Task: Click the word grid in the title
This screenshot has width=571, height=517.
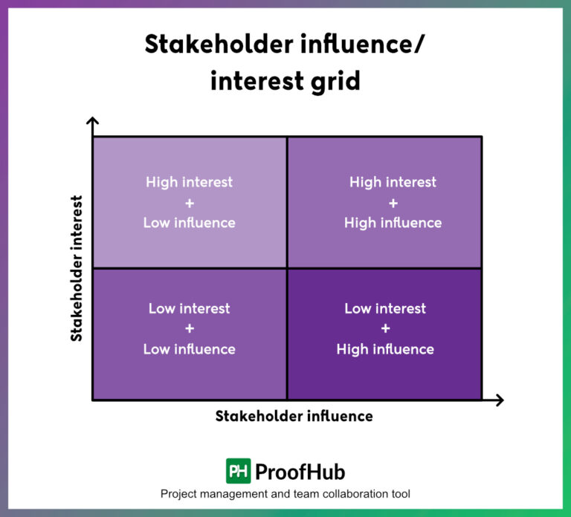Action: point(335,80)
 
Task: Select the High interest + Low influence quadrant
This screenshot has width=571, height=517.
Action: point(190,202)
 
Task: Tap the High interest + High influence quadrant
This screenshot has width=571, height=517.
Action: point(384,202)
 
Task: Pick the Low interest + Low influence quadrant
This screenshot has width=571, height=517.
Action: point(190,334)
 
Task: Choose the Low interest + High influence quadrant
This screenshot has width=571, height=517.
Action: point(384,334)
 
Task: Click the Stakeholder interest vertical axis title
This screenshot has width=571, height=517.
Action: point(76,268)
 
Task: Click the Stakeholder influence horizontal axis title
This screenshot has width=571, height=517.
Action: point(294,416)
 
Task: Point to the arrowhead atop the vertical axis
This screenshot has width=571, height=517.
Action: point(92,122)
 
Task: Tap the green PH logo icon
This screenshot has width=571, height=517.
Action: point(238,471)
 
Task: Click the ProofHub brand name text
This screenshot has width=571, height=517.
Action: point(300,472)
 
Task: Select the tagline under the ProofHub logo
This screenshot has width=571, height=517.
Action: point(285,494)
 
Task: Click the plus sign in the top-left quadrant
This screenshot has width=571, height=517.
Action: point(190,202)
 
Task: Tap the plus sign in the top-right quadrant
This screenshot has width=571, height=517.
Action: point(393,202)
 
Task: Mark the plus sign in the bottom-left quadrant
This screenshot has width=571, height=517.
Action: point(190,328)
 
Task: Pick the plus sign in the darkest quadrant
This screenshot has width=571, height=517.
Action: point(385,328)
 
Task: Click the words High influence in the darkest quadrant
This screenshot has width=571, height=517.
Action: point(385,349)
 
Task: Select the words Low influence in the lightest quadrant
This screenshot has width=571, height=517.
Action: point(190,223)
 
